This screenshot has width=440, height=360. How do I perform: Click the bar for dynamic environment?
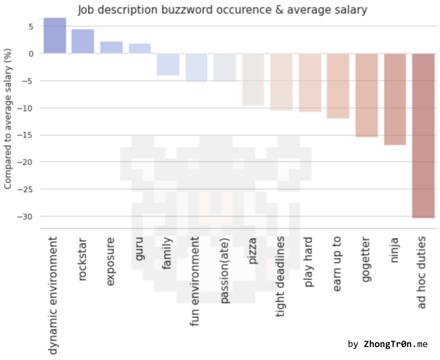tap(55, 36)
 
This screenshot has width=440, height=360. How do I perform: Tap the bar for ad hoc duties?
tap(423, 135)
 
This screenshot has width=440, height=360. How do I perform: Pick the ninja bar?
tap(395, 99)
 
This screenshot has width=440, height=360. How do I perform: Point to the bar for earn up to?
tap(338, 86)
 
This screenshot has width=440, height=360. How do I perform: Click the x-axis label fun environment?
tap(195, 281)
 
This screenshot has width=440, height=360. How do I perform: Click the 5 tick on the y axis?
tap(31, 27)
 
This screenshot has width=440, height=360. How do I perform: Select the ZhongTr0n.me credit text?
tap(395, 344)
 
